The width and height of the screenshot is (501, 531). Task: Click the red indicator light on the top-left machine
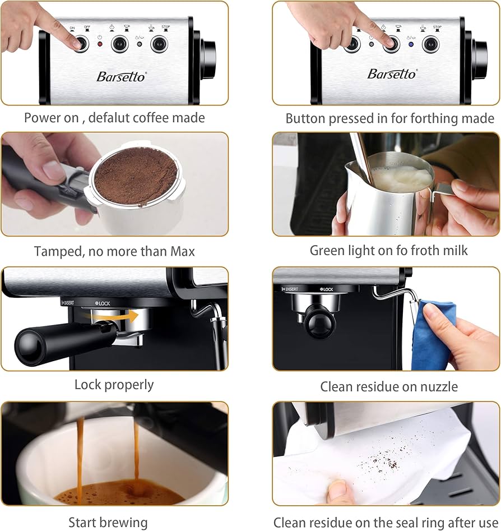coord(100,44)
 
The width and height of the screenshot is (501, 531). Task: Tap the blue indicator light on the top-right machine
coord(411,44)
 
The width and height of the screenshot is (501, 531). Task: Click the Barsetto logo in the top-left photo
coord(120,76)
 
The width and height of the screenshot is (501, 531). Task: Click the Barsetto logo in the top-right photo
coord(392,74)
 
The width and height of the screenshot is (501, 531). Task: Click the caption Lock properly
coord(114,385)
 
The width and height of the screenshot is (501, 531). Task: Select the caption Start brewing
coord(108,522)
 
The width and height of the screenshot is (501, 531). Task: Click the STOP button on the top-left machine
coord(159,44)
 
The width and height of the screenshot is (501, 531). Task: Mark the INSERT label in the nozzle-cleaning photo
coord(290,289)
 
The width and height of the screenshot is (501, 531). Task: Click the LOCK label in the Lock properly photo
coord(103,303)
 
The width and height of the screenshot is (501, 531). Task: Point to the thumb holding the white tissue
coord(340,492)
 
